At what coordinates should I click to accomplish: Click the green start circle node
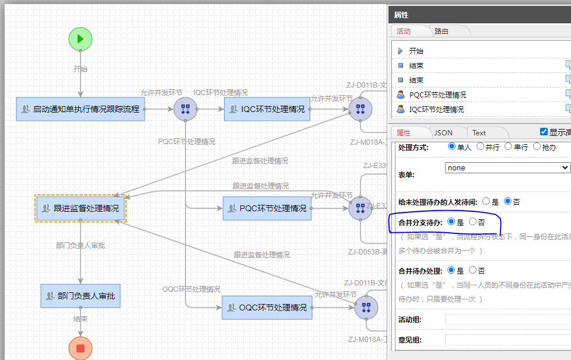pos(80,39)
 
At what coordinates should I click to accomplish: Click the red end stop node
pos(80,348)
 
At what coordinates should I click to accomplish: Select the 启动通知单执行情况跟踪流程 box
pos(80,109)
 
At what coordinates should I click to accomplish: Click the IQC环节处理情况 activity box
pos(267,109)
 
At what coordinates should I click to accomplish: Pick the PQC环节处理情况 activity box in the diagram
pos(267,208)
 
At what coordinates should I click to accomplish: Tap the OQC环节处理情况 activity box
pos(267,307)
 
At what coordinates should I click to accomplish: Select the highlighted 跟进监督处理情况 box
pos(80,208)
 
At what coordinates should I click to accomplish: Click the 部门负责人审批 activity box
pos(80,296)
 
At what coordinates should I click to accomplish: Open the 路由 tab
pos(442,31)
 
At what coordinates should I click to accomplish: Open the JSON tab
pos(443,132)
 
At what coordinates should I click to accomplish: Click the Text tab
pos(479,132)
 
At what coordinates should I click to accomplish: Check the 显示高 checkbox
pos(544,132)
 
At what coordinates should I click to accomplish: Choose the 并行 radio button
pos(481,146)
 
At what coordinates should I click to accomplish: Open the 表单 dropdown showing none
pos(507,167)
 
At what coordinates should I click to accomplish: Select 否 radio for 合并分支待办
pos(473,222)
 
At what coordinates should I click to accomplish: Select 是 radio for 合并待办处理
pos(451,271)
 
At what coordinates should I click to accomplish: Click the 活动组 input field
pos(506,319)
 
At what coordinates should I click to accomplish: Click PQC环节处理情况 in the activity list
pos(437,95)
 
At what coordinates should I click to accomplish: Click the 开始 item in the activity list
pos(416,51)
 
